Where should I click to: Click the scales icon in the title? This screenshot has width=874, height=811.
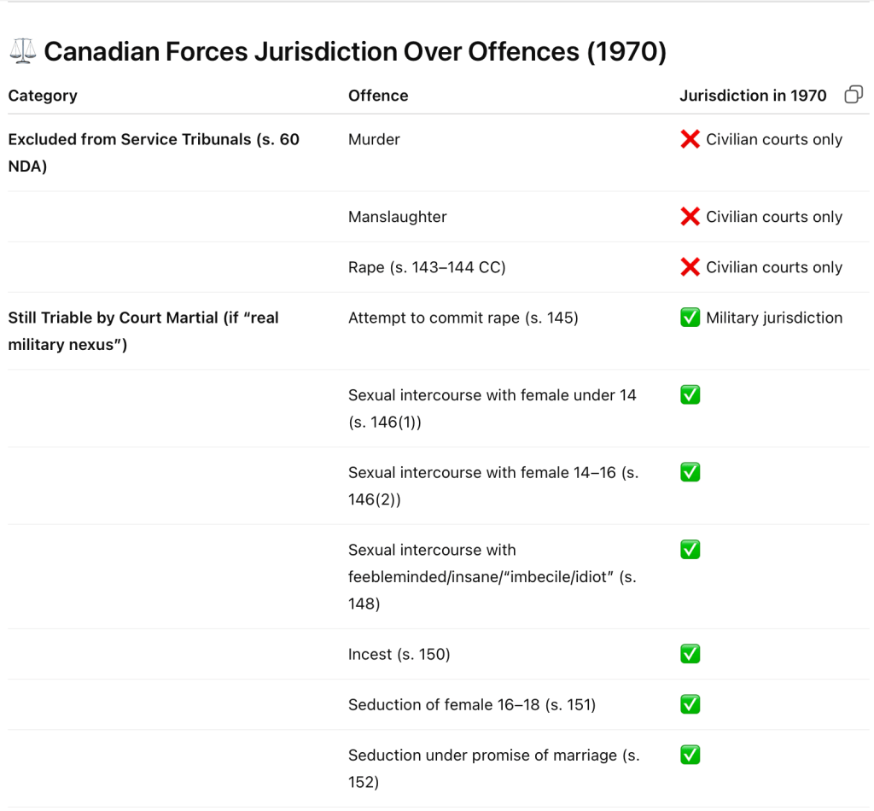pyautogui.click(x=23, y=52)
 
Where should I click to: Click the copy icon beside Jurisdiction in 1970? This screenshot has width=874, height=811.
pyautogui.click(x=853, y=95)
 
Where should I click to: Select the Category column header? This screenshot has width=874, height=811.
pyautogui.click(x=43, y=96)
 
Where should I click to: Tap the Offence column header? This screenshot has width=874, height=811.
pyautogui.click(x=378, y=96)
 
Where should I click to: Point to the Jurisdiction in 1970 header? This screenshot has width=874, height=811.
pyautogui.click(x=753, y=96)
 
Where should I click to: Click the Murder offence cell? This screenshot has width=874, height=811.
pyautogui.click(x=374, y=139)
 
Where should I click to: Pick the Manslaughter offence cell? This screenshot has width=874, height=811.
pyautogui.click(x=398, y=217)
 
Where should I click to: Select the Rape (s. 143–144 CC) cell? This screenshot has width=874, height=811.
pyautogui.click(x=427, y=267)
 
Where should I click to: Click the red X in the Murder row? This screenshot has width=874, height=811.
pyautogui.click(x=690, y=139)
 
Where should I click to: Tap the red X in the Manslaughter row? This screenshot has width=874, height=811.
pyautogui.click(x=690, y=217)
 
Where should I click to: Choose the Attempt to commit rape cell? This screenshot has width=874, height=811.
pyautogui.click(x=463, y=318)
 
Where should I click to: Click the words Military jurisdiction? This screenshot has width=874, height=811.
pyautogui.click(x=774, y=318)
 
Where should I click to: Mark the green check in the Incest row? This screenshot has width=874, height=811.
pyautogui.click(x=690, y=654)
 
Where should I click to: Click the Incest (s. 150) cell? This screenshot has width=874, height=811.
pyautogui.click(x=399, y=654)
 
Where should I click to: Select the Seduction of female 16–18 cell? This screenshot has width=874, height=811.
pyautogui.click(x=472, y=704)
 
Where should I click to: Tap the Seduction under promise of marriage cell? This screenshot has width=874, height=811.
pyautogui.click(x=493, y=767)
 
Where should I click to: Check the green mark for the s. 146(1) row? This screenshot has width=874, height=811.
pyautogui.click(x=690, y=395)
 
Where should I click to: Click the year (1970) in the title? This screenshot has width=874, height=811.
pyautogui.click(x=626, y=52)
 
